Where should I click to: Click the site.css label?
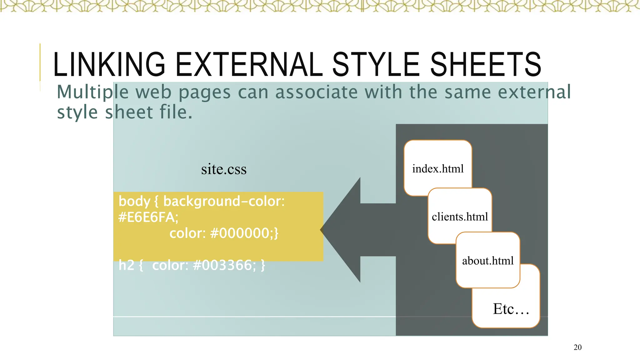coord(224,169)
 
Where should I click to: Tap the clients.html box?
coord(460,216)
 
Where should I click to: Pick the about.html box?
coord(487,260)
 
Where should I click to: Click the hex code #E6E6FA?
coord(148,217)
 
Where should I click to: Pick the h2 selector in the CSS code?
coord(126,265)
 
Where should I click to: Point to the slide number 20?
coord(577,347)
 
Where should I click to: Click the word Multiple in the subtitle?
coord(92,92)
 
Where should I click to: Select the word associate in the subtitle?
coord(316,92)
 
